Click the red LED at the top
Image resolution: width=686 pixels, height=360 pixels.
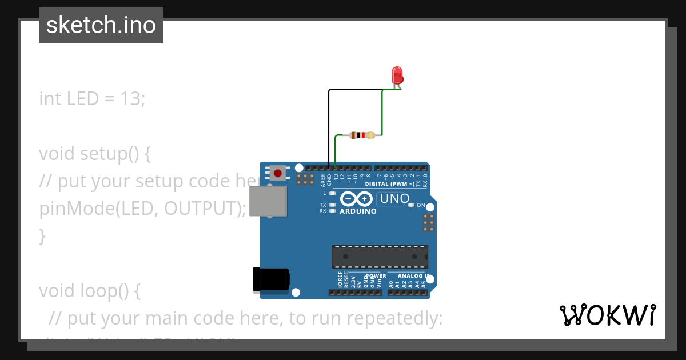click(397, 75)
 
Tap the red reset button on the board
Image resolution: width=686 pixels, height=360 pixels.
click(278, 173)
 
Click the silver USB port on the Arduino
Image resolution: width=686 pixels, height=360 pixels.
click(269, 201)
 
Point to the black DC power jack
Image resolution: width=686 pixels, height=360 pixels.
click(270, 280)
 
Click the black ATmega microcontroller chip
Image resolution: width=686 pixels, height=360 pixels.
click(380, 257)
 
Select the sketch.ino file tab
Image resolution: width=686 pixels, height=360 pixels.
click(101, 25)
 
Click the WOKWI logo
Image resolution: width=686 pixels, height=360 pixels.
click(607, 315)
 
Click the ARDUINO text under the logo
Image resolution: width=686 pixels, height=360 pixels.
click(358, 211)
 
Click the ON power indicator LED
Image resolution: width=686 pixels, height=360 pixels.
click(411, 205)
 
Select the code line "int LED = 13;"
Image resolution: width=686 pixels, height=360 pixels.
click(92, 99)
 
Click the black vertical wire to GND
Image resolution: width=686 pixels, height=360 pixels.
click(329, 129)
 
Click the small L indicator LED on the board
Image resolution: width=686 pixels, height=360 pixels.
click(333, 193)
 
